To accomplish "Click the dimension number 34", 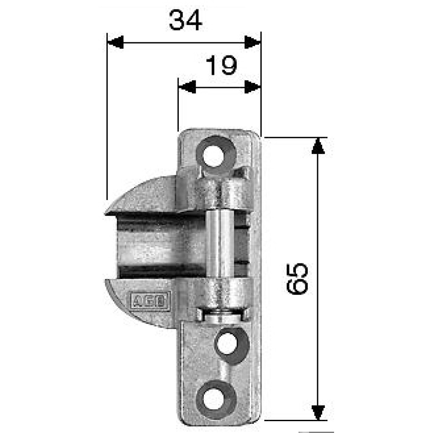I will pyautogui.click(x=185, y=20).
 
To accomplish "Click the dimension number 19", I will pyautogui.click(x=221, y=66).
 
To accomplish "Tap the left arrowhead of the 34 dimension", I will pyautogui.click(x=115, y=42).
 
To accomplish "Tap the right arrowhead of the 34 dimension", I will pyautogui.click(x=253, y=42).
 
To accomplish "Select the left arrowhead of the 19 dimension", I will pyautogui.click(x=186, y=88).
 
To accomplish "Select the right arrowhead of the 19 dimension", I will pyautogui.click(x=252, y=88).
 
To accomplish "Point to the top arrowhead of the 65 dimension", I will pyautogui.click(x=318, y=146).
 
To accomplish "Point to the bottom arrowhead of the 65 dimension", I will pyautogui.click(x=318, y=412).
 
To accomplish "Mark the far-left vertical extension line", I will pyautogui.click(x=107, y=118).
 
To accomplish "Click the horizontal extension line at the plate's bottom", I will pyautogui.click(x=296, y=421).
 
